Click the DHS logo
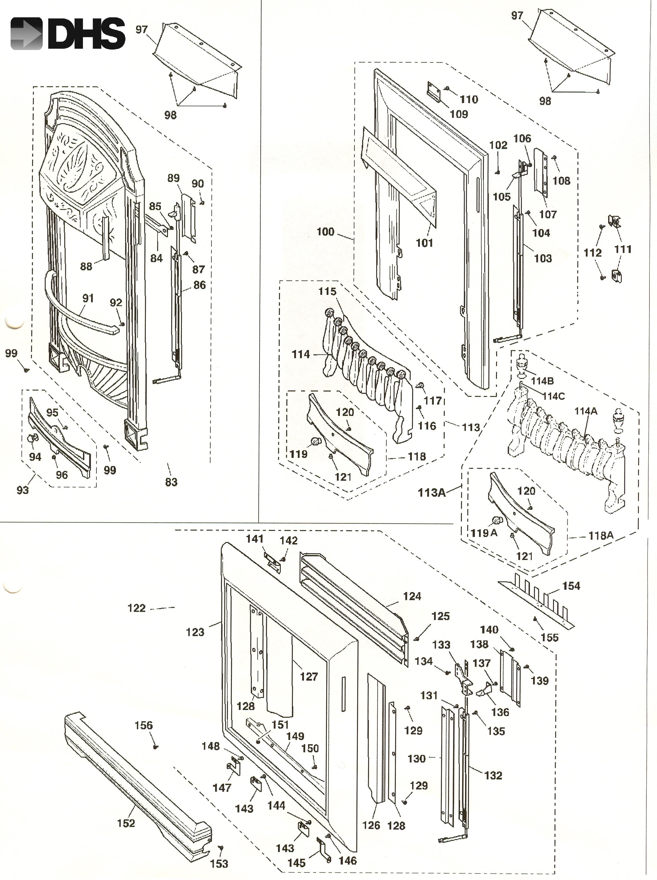coord(68,34)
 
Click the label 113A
coord(432,493)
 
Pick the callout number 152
coord(126,823)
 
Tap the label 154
coord(571,586)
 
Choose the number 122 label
coord(136,608)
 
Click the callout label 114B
coord(542,381)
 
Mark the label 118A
coord(601,536)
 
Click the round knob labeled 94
coord(32,439)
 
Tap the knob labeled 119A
coord(497,520)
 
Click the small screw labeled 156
coord(156,747)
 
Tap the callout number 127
coord(309,676)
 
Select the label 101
coord(424,243)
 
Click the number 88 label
coord(86,266)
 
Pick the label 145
coord(296,863)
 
